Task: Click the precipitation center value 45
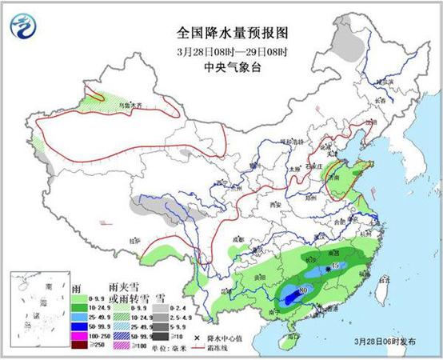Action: pyautogui.click(x=337, y=265)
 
